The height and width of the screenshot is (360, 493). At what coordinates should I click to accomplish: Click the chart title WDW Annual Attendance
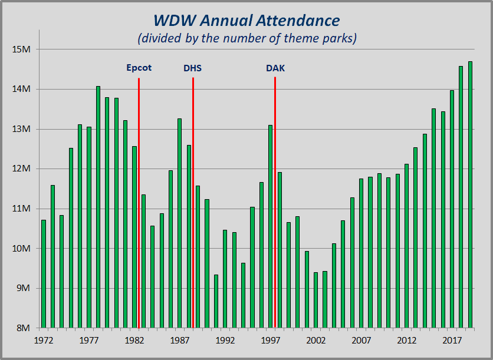click(246, 21)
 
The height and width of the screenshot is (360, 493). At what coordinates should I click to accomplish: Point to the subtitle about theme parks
click(246, 39)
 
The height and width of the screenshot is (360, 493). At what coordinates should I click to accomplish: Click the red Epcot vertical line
click(139, 200)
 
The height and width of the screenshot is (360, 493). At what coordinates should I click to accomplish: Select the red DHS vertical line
click(193, 200)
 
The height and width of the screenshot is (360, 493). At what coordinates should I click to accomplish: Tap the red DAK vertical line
click(275, 200)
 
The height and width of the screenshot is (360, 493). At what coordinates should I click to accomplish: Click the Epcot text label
click(139, 68)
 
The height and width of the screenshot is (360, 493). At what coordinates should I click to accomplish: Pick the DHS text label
click(192, 68)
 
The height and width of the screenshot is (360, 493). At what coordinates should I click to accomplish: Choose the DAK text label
click(275, 68)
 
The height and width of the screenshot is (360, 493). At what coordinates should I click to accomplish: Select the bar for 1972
click(44, 273)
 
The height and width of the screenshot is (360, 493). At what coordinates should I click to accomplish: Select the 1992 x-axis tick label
click(225, 340)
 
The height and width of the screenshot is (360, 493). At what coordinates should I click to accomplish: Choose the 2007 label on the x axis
click(361, 340)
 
